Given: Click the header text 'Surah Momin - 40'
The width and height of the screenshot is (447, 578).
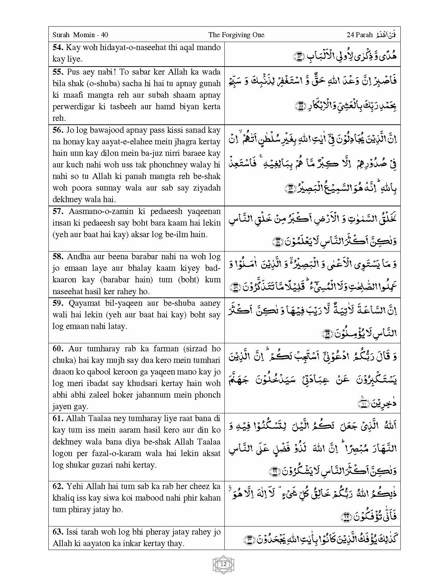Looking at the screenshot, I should tap(80, 35).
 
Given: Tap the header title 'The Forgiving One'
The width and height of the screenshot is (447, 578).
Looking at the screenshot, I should tap(236, 35).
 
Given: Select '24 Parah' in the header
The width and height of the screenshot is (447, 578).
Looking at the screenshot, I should tap(359, 35).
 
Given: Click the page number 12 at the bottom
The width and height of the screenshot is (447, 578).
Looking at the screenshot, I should tap(223, 564).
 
